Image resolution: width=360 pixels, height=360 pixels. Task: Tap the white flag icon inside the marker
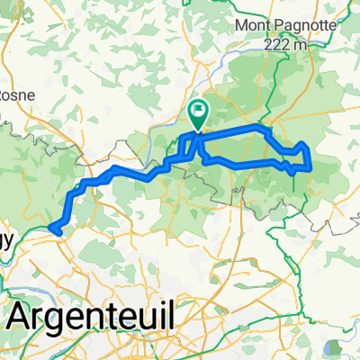[197, 112]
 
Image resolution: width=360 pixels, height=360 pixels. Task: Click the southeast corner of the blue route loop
[310, 167]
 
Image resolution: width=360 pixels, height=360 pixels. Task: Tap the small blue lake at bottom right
[334, 346]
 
